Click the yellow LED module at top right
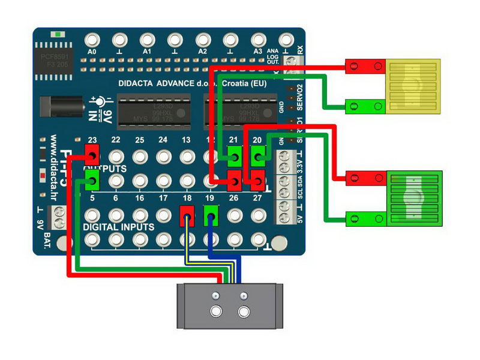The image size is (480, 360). [x=413, y=86]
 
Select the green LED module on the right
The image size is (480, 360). [x=415, y=197]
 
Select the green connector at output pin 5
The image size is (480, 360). [x=92, y=178]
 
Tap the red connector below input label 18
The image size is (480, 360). [x=187, y=215]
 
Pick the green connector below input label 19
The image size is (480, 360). [x=211, y=215]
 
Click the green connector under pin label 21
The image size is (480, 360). [x=235, y=158]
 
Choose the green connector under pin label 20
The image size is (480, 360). [x=258, y=158]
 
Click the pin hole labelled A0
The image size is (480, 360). [x=92, y=40]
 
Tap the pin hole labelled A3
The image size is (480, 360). [x=258, y=40]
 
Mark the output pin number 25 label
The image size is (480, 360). [x=139, y=140]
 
